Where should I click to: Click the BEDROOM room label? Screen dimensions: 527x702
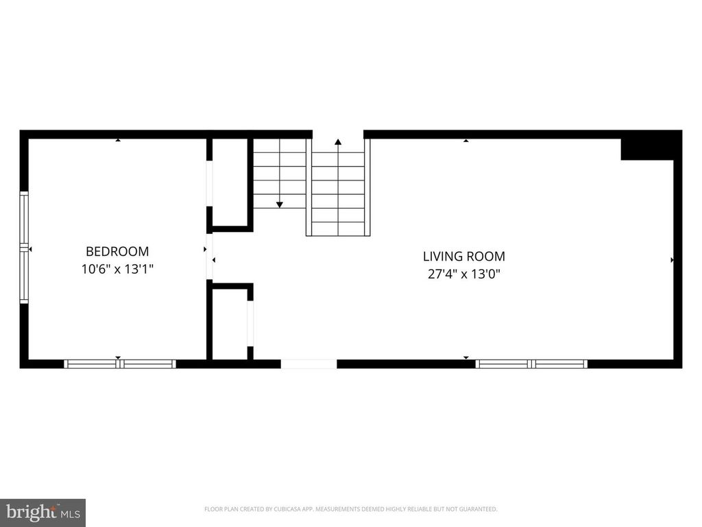117,252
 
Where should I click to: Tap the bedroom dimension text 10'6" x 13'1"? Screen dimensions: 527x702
117,270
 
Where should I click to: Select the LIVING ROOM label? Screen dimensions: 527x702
463,257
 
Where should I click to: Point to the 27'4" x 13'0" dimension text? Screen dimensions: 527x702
463,274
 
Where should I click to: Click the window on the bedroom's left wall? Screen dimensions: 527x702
24,248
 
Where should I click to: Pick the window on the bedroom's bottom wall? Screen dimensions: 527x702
120,364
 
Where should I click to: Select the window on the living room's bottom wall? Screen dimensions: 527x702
532,364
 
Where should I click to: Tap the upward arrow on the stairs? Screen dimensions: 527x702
338,142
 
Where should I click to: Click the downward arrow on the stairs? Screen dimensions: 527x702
280,204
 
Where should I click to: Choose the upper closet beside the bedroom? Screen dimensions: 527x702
230,182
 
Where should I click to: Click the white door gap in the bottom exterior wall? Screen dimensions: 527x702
308,364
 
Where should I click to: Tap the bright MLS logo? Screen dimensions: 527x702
43,512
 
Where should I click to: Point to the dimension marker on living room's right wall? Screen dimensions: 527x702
672,260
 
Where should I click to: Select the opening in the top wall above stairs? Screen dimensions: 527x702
338,134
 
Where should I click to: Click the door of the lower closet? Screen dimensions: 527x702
250,323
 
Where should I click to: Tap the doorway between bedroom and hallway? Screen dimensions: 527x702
210,257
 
